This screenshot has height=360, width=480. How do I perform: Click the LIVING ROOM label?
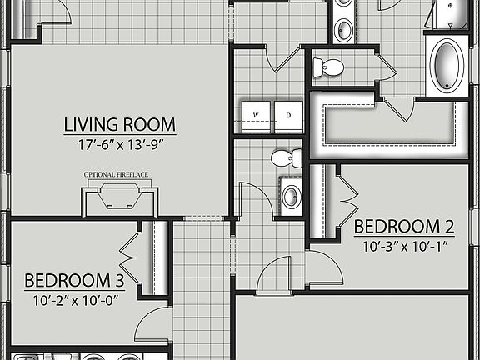click(x=120, y=125)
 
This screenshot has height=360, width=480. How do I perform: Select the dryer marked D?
click(x=288, y=115)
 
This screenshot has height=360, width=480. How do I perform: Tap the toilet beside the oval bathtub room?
click(x=329, y=67)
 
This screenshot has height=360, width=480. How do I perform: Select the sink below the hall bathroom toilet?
click(x=291, y=197)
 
